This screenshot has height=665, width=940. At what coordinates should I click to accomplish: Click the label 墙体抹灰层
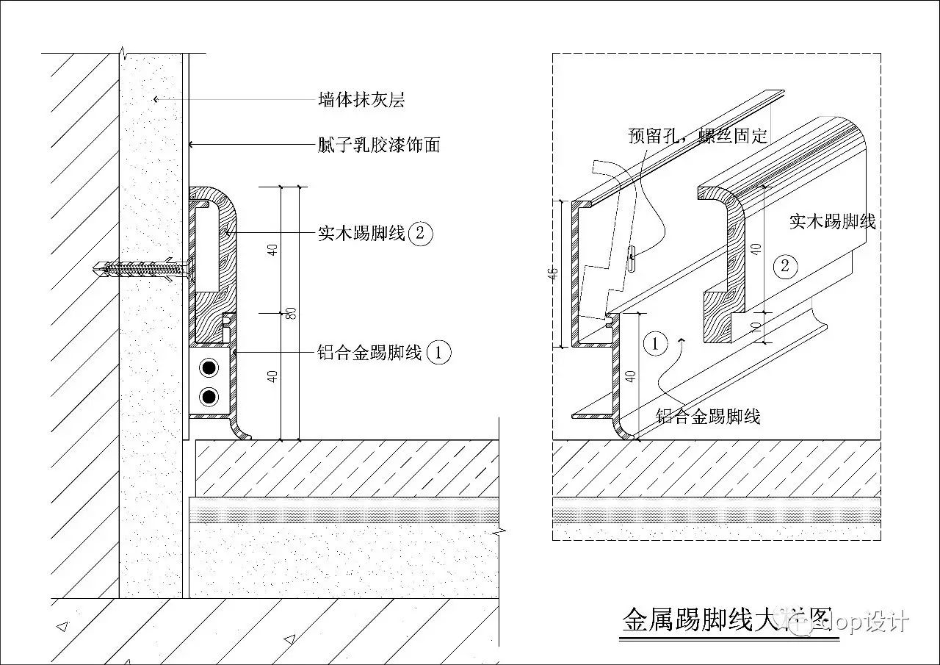click(361, 99)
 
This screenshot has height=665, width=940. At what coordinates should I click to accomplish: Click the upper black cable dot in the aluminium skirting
click(209, 367)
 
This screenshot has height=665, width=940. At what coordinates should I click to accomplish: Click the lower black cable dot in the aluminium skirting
click(209, 398)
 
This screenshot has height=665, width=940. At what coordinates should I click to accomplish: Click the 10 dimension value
click(756, 325)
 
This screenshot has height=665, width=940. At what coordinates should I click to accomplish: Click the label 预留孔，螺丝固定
click(698, 135)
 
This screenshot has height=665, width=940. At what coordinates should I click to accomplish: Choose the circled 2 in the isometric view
click(785, 265)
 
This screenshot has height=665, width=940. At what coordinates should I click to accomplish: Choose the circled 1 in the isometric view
click(654, 342)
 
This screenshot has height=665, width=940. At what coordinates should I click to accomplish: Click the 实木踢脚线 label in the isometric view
click(832, 220)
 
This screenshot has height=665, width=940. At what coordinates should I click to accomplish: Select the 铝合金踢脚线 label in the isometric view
click(708, 417)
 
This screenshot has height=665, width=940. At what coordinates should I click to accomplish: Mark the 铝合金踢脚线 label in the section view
click(369, 353)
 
